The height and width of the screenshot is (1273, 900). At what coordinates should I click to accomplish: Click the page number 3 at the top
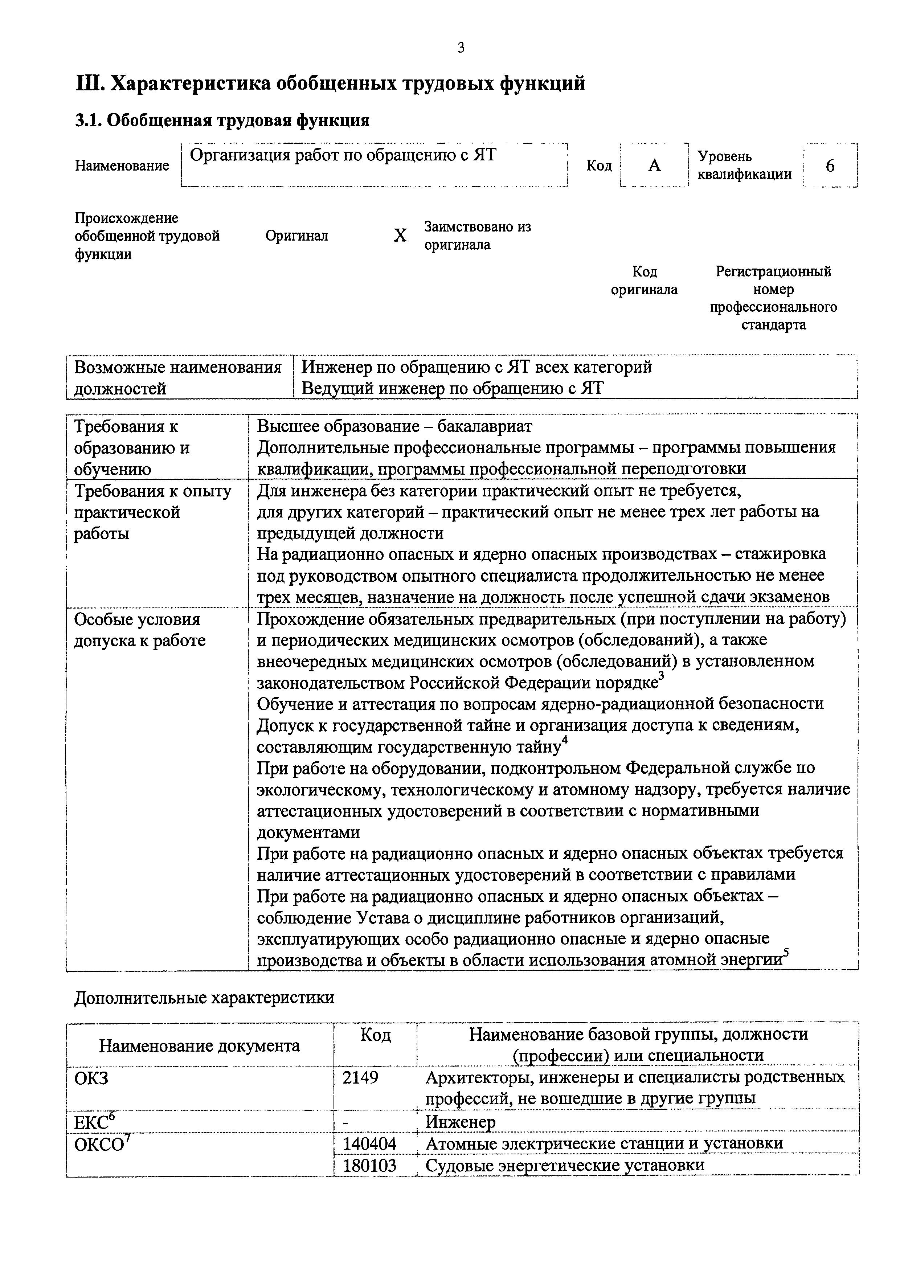click(x=461, y=48)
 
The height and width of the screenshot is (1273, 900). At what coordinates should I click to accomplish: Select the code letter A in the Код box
click(x=654, y=165)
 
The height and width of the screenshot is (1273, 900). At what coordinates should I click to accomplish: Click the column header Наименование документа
click(x=200, y=1046)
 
